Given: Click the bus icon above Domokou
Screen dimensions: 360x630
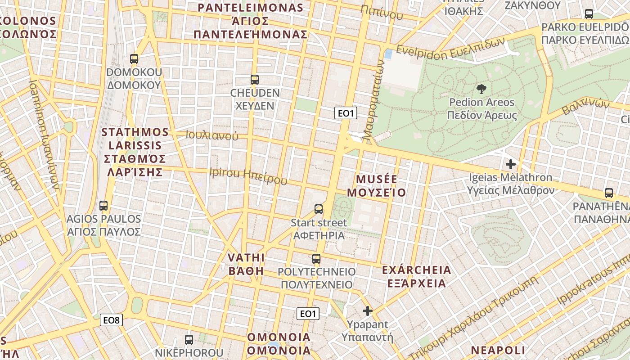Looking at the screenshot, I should point(134,58).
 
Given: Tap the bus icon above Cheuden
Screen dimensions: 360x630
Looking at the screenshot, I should point(255,80).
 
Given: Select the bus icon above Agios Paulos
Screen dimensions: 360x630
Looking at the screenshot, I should point(103,206).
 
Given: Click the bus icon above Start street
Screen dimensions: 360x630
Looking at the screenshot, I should point(319,209).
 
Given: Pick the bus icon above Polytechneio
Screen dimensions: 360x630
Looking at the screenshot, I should point(316,258).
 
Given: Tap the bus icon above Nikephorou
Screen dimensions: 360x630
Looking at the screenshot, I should point(189,339).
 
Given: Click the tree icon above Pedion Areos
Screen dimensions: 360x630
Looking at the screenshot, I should point(481,89).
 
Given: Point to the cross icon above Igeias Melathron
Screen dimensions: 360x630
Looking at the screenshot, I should point(510,164).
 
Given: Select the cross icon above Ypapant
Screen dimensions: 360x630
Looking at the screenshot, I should point(368,310).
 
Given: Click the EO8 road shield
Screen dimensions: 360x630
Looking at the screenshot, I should point(111,320).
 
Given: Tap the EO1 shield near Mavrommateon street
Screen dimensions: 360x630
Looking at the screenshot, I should point(346,113).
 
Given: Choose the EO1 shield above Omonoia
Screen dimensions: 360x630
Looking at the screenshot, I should point(308,313).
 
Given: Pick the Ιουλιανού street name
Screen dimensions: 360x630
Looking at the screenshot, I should point(212,135).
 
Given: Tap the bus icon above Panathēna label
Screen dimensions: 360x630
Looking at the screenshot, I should point(609,193).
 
